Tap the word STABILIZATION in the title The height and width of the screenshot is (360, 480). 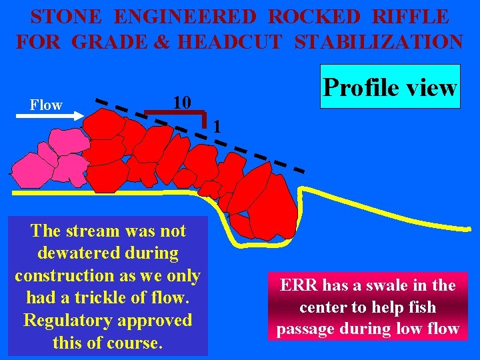(378, 41)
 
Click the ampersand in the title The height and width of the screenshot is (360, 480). (160, 41)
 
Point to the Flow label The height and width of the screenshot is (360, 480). (46, 105)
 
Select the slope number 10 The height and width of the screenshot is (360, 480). (181, 102)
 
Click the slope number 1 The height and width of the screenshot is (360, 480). (217, 127)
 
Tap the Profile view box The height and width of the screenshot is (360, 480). (390, 87)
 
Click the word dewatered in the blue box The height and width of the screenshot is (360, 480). (109, 253)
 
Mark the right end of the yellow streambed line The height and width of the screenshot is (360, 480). (469, 229)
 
